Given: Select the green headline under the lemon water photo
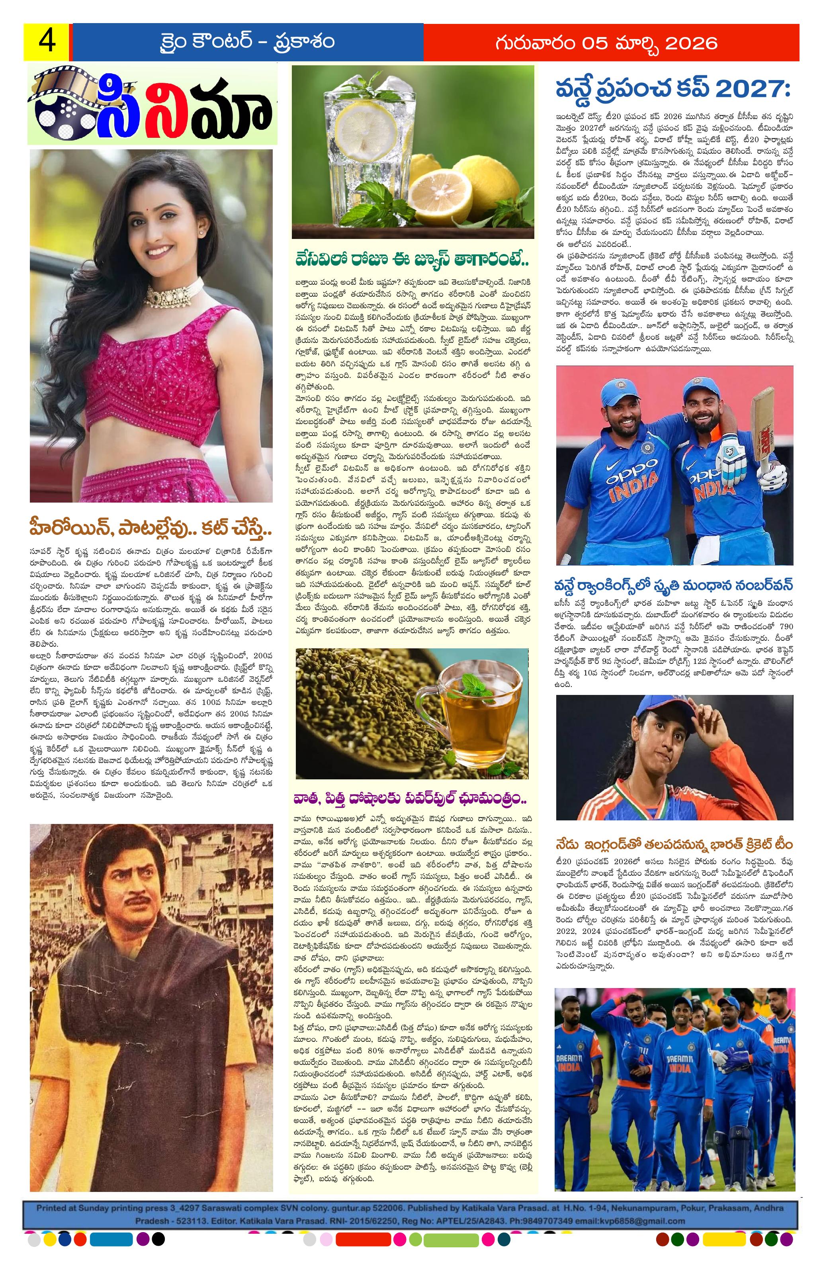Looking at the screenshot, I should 412,260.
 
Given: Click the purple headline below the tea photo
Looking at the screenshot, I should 410,799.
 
